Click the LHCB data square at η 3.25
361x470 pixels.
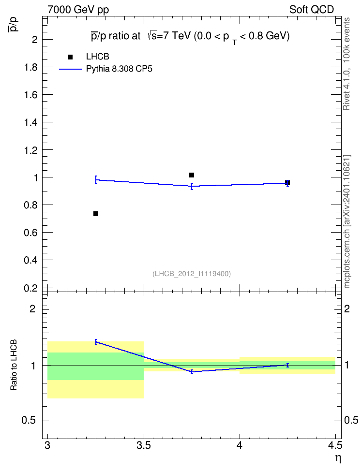coord(96,214)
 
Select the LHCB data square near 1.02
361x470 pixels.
coord(192,175)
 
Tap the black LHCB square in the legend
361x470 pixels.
coord(70,57)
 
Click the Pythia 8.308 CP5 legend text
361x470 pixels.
coord(119,69)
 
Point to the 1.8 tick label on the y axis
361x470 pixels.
coord(30,67)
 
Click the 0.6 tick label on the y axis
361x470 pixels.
coord(30,233)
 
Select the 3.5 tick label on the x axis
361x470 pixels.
coord(143,446)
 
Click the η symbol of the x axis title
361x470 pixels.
coord(338,458)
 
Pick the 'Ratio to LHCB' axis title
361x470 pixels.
coord(14,365)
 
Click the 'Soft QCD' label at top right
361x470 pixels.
coord(312,10)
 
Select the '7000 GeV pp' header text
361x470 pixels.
coord(78,10)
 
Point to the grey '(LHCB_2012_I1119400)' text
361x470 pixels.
coord(192,274)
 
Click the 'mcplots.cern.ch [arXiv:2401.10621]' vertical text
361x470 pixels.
coord(347,222)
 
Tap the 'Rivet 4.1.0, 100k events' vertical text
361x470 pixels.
coord(346,64)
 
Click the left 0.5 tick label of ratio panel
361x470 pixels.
coord(28,421)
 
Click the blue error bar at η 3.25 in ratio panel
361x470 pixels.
coord(96,342)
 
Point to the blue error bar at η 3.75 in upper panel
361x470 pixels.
coord(192,187)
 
